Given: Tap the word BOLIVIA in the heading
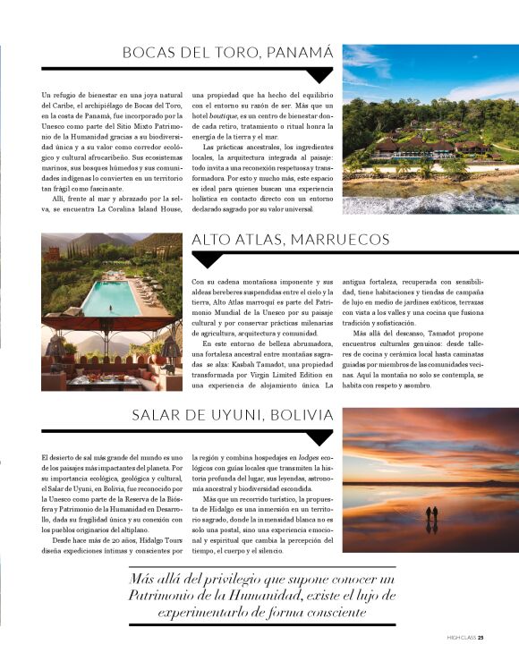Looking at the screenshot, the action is pyautogui.click(x=302, y=415).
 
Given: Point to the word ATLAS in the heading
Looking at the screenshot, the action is pyautogui.click(x=255, y=240).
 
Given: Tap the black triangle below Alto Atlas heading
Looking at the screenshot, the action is pyautogui.click(x=207, y=259).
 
